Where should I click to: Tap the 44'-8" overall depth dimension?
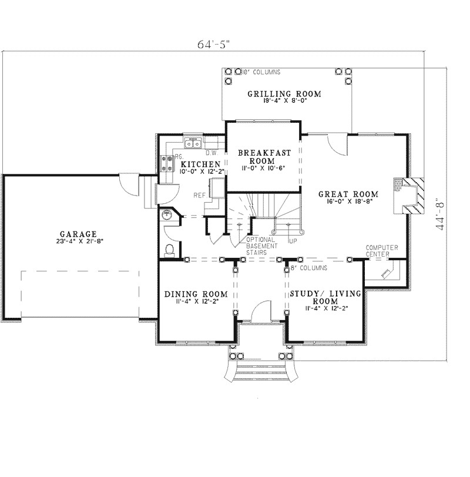click(442, 216)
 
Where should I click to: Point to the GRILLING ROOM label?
click(284, 93)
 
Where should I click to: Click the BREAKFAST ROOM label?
click(264, 156)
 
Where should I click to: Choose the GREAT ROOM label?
click(347, 194)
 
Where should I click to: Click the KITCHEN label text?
click(201, 164)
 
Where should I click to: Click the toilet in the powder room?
click(170, 250)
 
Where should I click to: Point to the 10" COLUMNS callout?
click(260, 72)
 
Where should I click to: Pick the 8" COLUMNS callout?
click(309, 268)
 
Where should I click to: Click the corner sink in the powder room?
click(167, 216)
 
